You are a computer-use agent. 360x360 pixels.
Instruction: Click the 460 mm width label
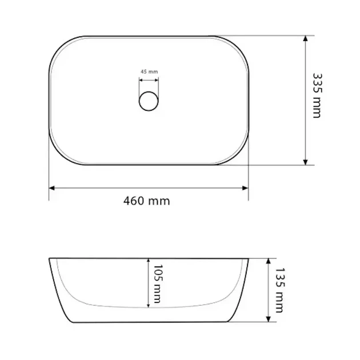pos(147,201)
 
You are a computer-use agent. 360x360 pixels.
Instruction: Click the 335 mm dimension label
pos(318,96)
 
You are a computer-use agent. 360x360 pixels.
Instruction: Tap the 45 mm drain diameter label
pos(149,71)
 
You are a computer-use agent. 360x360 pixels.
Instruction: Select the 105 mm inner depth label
pos(158,284)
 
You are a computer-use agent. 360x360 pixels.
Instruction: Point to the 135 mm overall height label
pos(280,290)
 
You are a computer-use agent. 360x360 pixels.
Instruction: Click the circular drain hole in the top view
pos(149,101)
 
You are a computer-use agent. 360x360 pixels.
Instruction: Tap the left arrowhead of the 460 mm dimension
pos(52,188)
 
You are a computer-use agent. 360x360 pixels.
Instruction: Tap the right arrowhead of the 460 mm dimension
pos(245,188)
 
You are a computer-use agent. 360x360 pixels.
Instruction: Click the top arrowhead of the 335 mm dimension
pos(305,39)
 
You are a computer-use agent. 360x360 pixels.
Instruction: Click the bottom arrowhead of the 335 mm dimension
pos(305,162)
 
